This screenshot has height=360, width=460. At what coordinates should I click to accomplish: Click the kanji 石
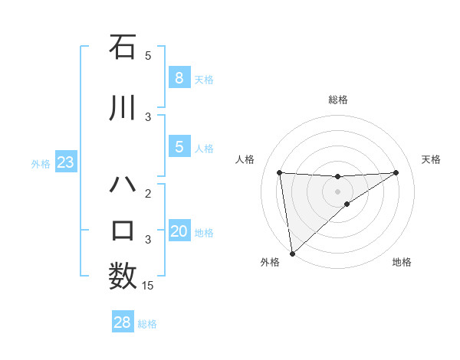click(x=123, y=47)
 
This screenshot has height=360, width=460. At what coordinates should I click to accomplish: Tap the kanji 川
click(x=123, y=106)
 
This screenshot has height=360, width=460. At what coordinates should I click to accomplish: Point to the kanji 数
click(x=123, y=276)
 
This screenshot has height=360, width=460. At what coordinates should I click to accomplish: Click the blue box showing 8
click(x=179, y=77)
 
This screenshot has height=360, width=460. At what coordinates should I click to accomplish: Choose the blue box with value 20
click(x=179, y=231)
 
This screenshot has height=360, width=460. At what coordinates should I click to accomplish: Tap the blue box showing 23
click(x=65, y=162)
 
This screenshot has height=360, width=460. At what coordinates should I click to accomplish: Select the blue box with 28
click(x=123, y=322)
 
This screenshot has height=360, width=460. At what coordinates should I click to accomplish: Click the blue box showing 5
click(x=179, y=146)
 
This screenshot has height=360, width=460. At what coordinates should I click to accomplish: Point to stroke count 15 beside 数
click(x=149, y=286)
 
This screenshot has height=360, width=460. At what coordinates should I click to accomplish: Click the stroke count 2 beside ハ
click(x=148, y=194)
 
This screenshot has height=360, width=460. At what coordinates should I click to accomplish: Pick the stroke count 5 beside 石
click(x=148, y=55)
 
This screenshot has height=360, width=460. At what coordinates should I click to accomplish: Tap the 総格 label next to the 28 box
click(x=147, y=324)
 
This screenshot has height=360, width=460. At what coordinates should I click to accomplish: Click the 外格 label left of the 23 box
click(x=41, y=163)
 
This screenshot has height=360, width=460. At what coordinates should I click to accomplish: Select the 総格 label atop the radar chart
click(x=338, y=100)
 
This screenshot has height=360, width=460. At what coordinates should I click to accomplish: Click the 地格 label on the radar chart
click(x=402, y=262)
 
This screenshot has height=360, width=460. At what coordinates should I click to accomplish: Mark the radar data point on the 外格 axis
click(x=292, y=253)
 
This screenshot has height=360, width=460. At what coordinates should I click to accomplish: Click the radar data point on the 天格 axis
click(x=396, y=172)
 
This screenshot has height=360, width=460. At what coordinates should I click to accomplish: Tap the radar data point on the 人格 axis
click(x=280, y=172)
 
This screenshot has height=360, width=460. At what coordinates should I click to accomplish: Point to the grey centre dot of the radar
click(x=338, y=191)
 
